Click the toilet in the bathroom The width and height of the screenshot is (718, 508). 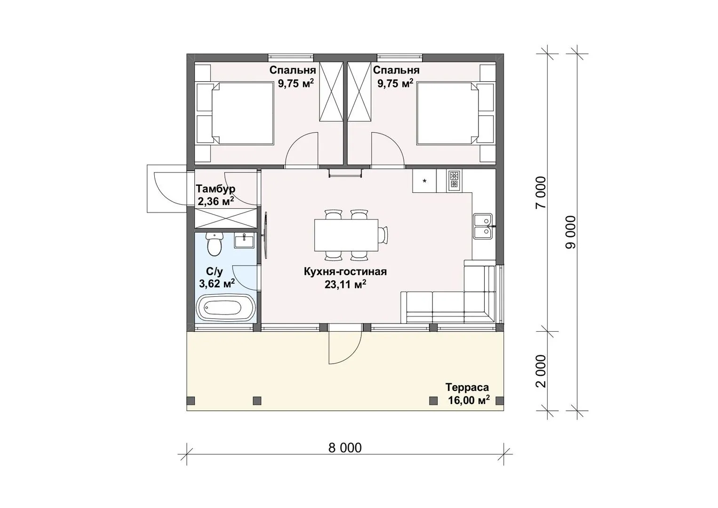[x=214, y=244]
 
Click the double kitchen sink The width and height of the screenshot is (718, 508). [x=483, y=226]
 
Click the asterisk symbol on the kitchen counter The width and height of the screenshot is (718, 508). [x=425, y=182]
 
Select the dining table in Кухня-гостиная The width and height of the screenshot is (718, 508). [x=346, y=235]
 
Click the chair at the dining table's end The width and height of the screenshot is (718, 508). [x=383, y=235]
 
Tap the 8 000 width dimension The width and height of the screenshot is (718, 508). [x=345, y=448]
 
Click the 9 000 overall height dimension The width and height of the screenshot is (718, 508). [x=571, y=232]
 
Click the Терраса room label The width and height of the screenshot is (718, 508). [x=467, y=388]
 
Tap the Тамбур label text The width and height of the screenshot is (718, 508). [x=215, y=189]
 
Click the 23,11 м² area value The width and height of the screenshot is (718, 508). [x=345, y=284]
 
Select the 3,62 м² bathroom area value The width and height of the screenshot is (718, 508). [x=217, y=283]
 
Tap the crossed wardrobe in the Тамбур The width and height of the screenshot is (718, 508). [x=226, y=218]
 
